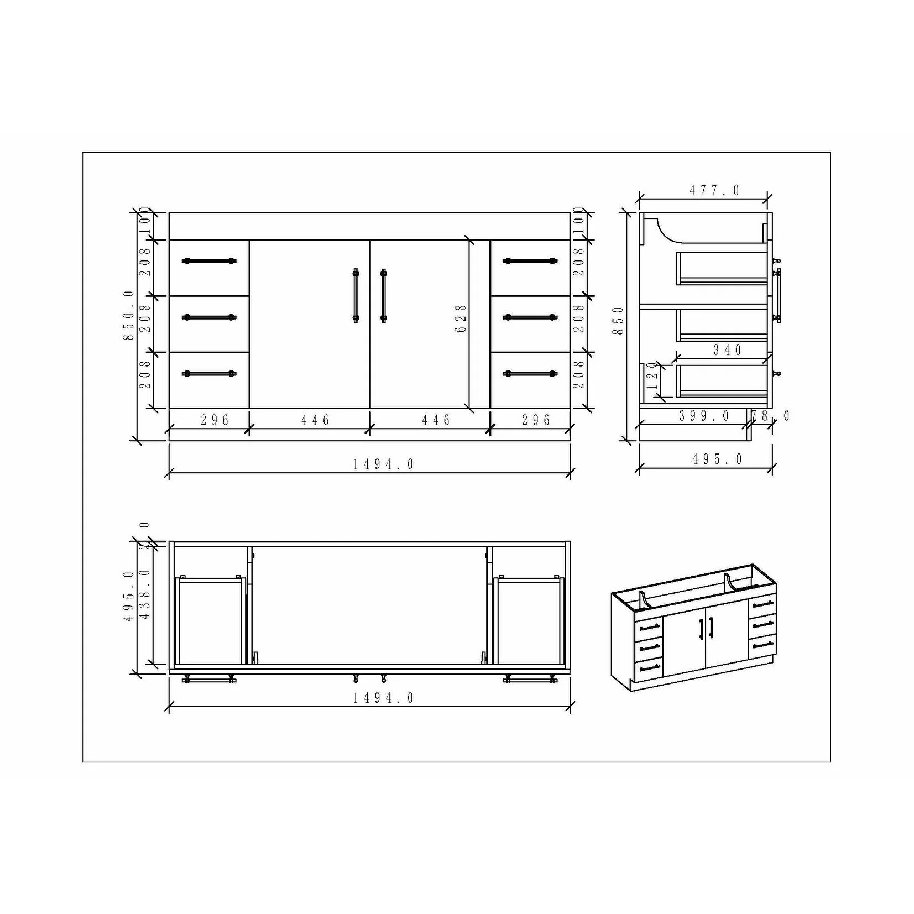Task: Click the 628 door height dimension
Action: pos(461,318)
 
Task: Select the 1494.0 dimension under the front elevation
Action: pos(383,464)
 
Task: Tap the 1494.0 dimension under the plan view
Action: pos(383,698)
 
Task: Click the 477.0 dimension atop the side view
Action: pos(714,191)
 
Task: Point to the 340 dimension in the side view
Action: pos(727,350)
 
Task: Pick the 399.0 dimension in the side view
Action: pos(704,416)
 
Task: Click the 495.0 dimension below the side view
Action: pos(717,459)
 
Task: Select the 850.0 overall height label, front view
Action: pos(129,315)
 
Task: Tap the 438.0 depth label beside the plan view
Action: pos(145,594)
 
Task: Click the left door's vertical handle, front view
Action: pos(356,295)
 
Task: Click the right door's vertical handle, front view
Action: pos(383,295)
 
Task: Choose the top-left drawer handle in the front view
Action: pos(209,261)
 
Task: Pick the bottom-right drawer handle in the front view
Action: pos(530,374)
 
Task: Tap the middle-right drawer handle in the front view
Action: pos(530,317)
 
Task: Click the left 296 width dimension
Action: pos(215,421)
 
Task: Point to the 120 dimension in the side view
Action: pos(652,379)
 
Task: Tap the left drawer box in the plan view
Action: pos(210,620)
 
